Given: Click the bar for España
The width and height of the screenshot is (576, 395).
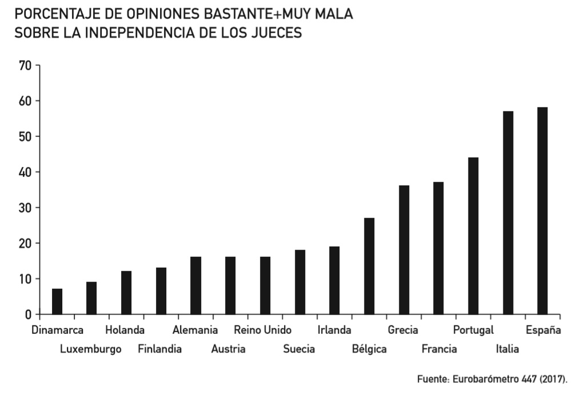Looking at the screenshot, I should tap(542, 211).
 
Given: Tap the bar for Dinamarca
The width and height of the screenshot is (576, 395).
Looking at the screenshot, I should tap(57, 301).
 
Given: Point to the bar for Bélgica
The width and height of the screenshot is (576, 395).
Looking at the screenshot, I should tap(369, 266).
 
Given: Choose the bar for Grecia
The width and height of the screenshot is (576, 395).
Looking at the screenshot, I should tap(404, 250).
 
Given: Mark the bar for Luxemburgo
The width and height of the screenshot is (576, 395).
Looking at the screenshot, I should tap(91, 298).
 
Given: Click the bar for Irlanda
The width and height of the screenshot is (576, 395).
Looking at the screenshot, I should tap(334, 280).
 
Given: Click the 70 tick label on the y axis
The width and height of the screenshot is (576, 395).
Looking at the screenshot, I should tap(25, 65).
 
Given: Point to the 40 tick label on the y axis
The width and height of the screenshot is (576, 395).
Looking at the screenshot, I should tap(25, 172).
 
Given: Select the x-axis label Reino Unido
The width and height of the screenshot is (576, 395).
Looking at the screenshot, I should tap(263, 330).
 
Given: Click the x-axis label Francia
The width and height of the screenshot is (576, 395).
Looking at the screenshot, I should tap(439, 349).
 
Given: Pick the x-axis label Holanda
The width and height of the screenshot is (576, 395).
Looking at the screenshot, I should tap(125, 330).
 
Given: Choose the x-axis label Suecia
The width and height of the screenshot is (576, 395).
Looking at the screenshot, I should tap(299, 349).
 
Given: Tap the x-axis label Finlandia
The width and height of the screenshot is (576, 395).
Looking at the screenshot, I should tap(160, 349).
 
